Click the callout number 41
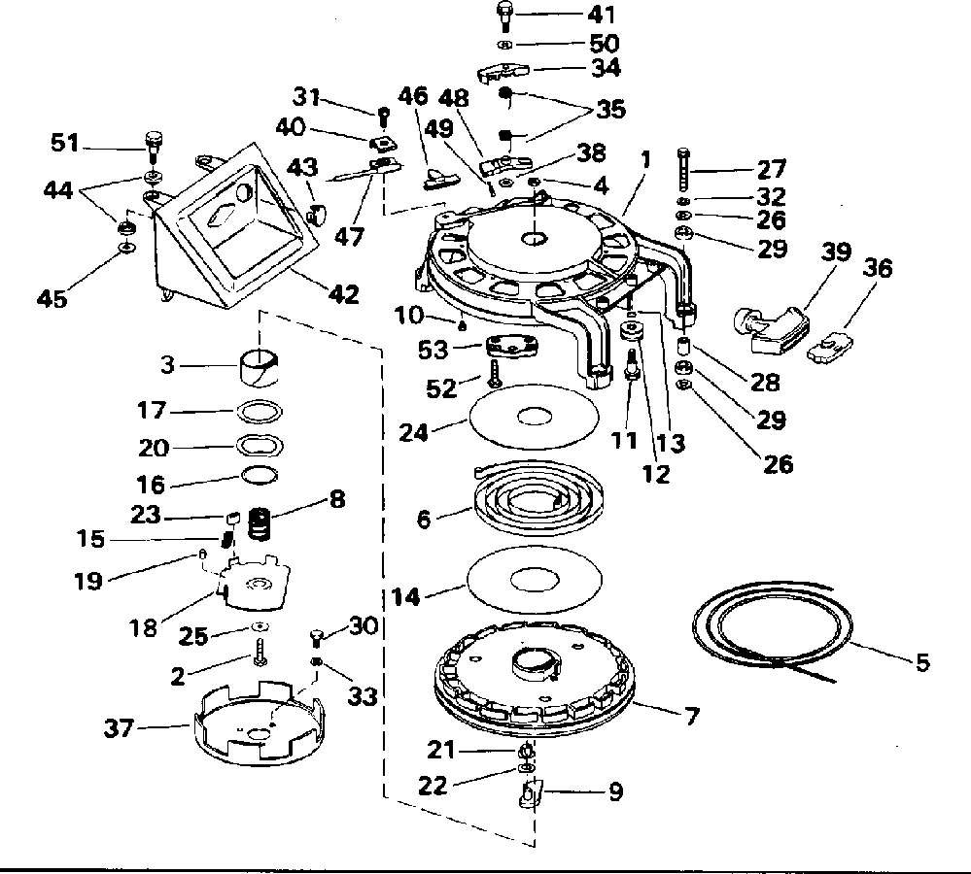click(601, 15)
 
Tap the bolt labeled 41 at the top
click(505, 17)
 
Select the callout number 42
click(343, 293)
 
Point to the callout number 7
click(692, 716)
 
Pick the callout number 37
click(119, 728)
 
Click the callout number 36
click(877, 268)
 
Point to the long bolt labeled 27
click(683, 170)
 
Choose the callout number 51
click(64, 143)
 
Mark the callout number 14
click(405, 597)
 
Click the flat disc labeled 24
click(534, 417)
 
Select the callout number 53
click(433, 350)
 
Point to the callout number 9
click(615, 791)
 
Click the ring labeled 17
click(260, 412)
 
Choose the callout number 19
click(87, 581)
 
